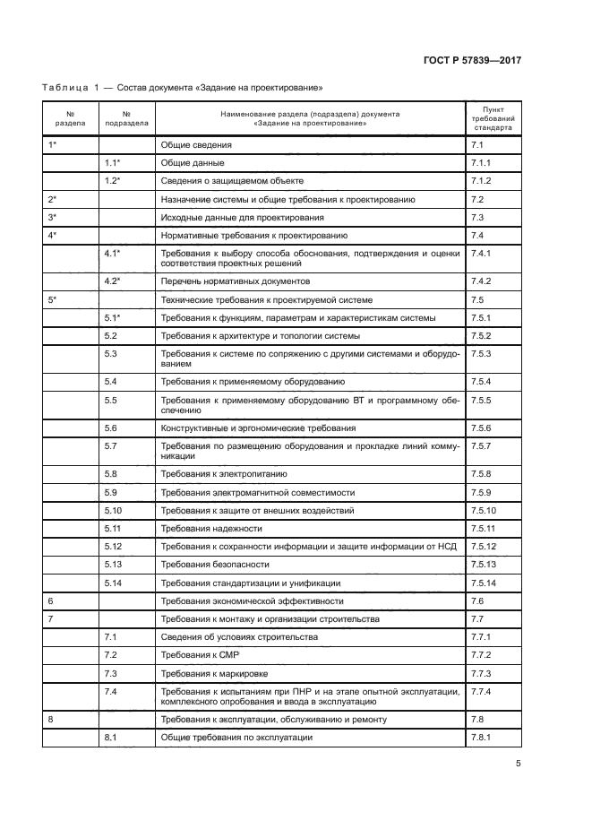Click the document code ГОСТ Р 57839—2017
pyautogui.click(x=471, y=60)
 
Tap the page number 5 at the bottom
pyautogui.click(x=518, y=764)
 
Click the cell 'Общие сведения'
pyautogui.click(x=196, y=144)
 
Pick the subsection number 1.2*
pyautogui.click(x=113, y=180)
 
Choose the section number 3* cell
pyautogui.click(x=52, y=217)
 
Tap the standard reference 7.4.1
pyautogui.click(x=481, y=254)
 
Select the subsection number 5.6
pyautogui.click(x=111, y=428)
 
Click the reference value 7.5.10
pyautogui.click(x=483, y=510)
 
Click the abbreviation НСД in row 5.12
pyautogui.click(x=449, y=546)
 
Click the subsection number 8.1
pyautogui.click(x=111, y=736)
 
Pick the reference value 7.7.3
pyautogui.click(x=481, y=673)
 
